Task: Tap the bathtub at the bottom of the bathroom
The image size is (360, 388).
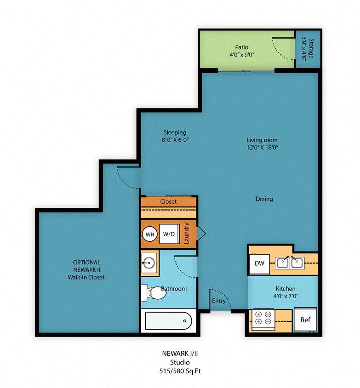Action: coord(168,320)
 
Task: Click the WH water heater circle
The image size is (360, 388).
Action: coord(150,234)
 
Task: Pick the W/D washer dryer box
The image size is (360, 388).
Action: coord(169,234)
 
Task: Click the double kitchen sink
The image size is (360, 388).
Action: coord(290,263)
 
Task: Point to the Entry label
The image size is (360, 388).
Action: coord(219,301)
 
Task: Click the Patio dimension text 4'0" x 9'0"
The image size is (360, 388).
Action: coord(242,55)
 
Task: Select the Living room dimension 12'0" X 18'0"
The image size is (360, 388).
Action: coord(262,148)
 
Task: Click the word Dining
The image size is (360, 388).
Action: coord(264,199)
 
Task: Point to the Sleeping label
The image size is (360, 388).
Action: coord(175,133)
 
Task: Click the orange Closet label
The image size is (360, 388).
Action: coord(168,201)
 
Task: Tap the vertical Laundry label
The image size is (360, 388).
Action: coord(188,233)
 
